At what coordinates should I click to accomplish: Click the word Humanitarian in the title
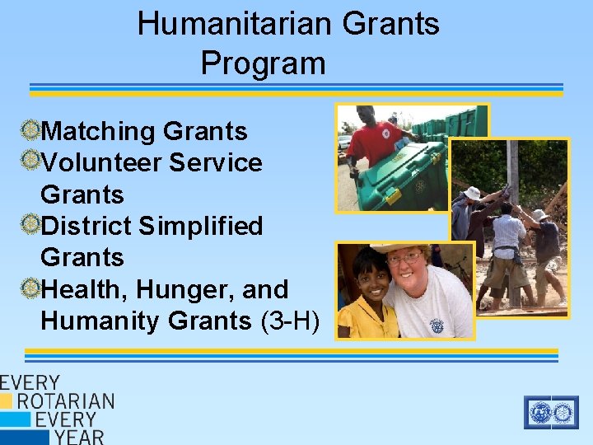click(234, 23)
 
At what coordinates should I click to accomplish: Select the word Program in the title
click(263, 63)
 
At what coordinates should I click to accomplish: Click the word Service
click(216, 162)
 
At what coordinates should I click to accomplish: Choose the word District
click(85, 226)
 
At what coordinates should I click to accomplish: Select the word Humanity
click(100, 321)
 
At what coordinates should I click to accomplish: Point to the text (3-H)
click(289, 321)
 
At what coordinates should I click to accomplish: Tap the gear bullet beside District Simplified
click(30, 223)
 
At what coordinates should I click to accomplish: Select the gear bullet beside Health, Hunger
click(30, 287)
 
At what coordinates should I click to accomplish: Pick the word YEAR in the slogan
click(79, 436)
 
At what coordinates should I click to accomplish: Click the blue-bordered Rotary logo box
click(551, 412)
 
